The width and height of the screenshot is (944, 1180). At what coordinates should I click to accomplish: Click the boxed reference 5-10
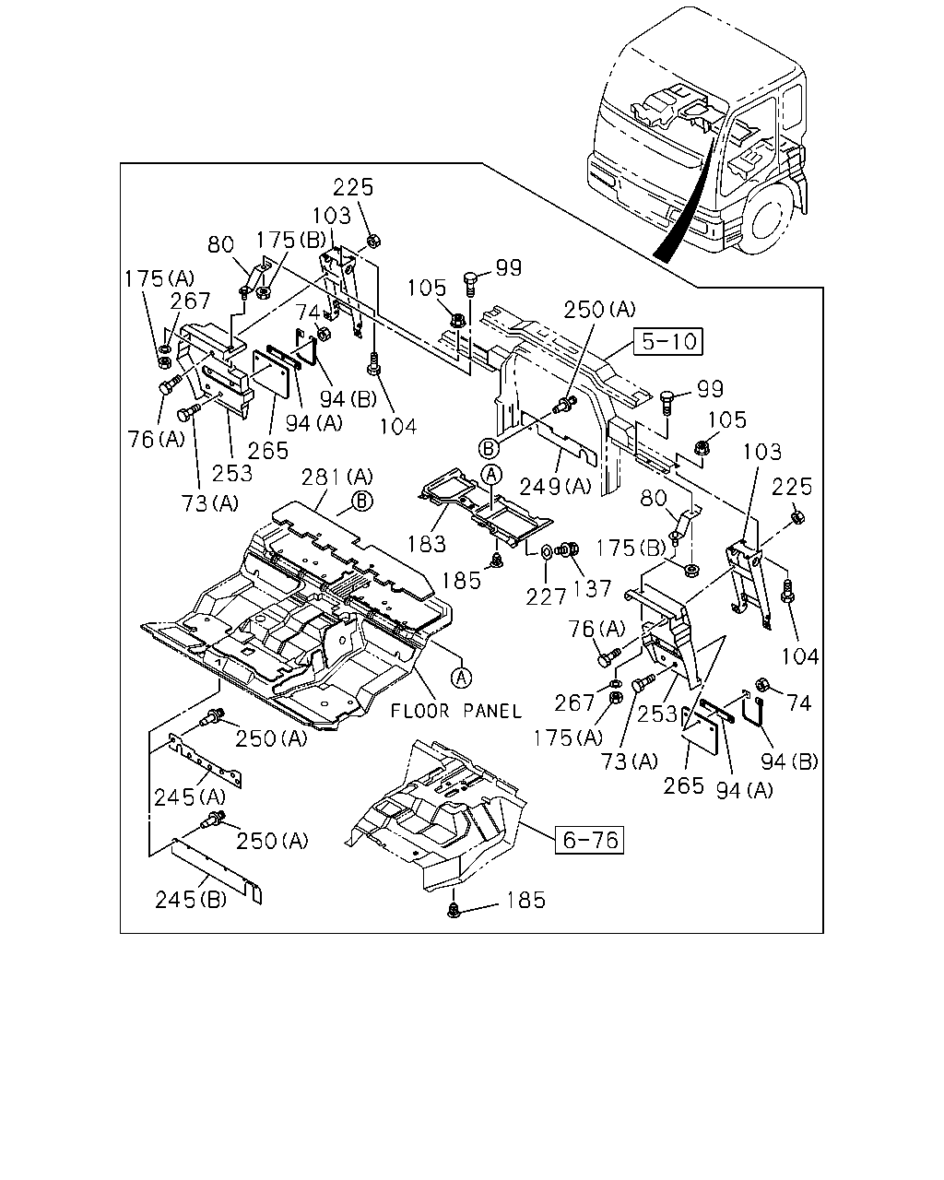coord(667,342)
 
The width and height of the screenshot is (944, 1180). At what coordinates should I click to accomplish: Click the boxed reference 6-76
coord(589,840)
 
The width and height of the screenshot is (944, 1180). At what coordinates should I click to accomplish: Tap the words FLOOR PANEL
coord(455,711)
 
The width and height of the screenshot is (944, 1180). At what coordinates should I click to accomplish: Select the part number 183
coord(426,544)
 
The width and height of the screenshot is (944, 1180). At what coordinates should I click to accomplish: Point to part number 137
coord(592,588)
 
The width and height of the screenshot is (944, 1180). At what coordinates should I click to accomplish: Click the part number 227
coord(546,596)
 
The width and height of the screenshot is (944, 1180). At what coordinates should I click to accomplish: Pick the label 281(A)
coord(336,477)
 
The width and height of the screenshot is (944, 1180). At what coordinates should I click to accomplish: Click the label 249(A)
coord(555,486)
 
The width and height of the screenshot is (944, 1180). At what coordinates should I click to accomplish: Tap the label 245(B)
coord(190,899)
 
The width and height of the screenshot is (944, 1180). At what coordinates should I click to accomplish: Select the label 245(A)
coord(190,796)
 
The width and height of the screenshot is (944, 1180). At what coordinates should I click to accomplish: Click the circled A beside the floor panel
coord(461,678)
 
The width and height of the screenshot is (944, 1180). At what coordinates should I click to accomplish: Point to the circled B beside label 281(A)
coord(362,501)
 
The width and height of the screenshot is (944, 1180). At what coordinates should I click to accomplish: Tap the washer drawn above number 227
coord(547,550)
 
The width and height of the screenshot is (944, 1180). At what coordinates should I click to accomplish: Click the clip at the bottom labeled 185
coord(454,911)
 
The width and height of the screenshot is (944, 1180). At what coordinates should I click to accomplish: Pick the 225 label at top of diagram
coord(353,187)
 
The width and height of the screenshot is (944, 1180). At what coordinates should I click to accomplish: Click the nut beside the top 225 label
coord(373,241)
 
